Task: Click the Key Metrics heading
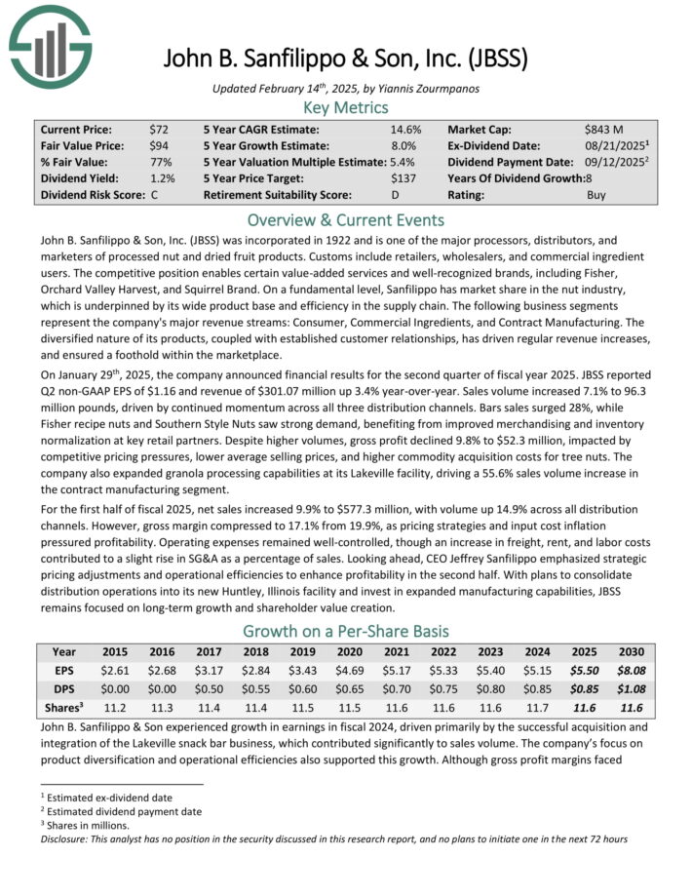pyautogui.click(x=346, y=107)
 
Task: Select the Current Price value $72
pyautogui.click(x=160, y=129)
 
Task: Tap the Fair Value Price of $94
pyautogui.click(x=160, y=145)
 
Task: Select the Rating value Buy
pyautogui.click(x=597, y=195)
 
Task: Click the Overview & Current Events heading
pyautogui.click(x=346, y=219)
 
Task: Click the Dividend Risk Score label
pyautogui.click(x=93, y=195)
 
